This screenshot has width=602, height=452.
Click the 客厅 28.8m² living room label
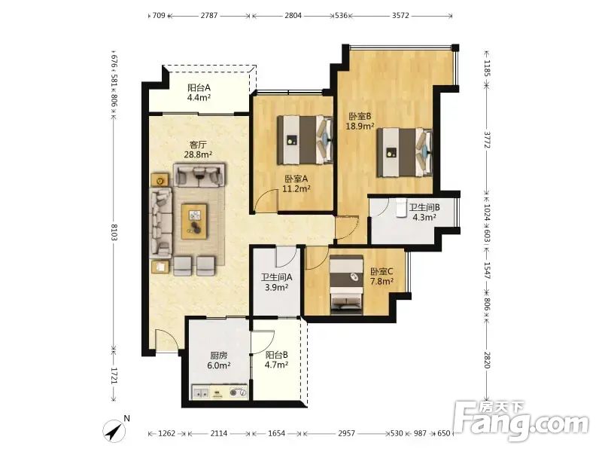(199, 149)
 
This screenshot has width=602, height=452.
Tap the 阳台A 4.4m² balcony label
(199, 92)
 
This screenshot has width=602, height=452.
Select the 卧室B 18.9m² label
(360, 121)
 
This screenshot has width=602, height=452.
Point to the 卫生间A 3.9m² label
(276, 282)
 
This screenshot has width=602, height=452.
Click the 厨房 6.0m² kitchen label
(218, 361)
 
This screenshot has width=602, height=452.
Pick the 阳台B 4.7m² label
(276, 360)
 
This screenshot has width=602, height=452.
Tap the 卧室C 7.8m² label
(382, 276)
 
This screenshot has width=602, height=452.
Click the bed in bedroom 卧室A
(306, 139)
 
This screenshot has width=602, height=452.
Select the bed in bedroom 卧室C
(347, 285)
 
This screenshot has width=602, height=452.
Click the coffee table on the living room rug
(194, 221)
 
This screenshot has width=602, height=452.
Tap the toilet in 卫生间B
(402, 208)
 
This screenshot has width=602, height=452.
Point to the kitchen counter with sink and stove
(220, 392)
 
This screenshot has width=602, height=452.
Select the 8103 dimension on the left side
(114, 232)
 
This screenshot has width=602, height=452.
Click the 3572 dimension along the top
(400, 15)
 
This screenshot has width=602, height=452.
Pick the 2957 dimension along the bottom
(346, 433)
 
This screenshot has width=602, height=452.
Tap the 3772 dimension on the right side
(487, 139)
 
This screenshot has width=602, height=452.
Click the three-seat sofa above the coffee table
(199, 175)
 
